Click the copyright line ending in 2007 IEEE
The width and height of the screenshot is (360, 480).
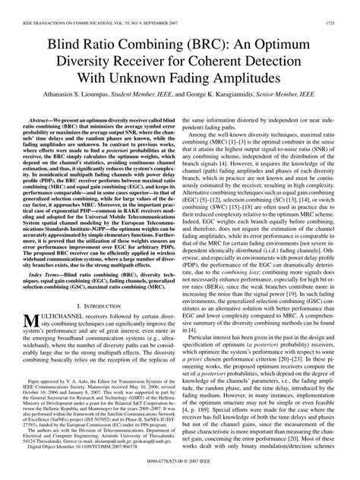click(180, 460)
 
